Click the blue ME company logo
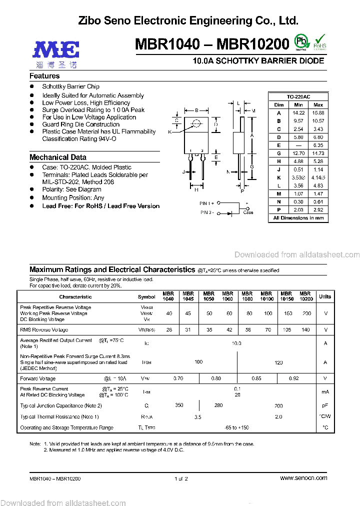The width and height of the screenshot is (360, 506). (56, 50)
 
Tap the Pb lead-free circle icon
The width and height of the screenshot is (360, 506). (300, 41)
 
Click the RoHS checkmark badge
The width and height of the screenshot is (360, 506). (320, 42)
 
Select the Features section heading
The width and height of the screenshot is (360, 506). (44, 76)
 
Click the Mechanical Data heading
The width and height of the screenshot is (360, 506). (58, 157)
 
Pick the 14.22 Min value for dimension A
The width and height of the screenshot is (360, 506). (298, 113)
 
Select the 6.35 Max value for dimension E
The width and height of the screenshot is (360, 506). (318, 145)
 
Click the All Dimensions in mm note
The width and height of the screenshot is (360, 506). (298, 218)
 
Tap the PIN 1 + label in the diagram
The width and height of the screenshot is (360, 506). (207, 203)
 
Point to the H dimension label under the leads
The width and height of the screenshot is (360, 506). (196, 190)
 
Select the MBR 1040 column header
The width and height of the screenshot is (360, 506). (168, 296)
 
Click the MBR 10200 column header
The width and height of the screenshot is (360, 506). (306, 296)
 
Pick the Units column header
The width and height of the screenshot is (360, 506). (325, 296)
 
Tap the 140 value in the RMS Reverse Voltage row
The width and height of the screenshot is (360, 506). (306, 330)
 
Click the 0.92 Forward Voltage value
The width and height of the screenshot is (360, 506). (295, 378)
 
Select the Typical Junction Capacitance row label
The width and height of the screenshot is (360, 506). (61, 405)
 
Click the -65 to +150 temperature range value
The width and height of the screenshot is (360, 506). (236, 427)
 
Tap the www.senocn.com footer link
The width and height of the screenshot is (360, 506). (303, 478)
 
